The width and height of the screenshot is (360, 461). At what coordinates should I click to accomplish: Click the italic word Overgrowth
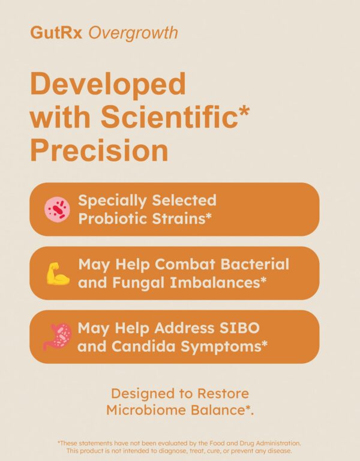point(133,32)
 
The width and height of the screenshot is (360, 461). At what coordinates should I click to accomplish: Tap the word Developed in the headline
point(108,85)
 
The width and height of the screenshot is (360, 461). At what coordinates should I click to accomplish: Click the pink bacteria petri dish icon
point(58,209)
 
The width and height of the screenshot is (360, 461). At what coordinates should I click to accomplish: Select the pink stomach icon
point(58,336)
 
